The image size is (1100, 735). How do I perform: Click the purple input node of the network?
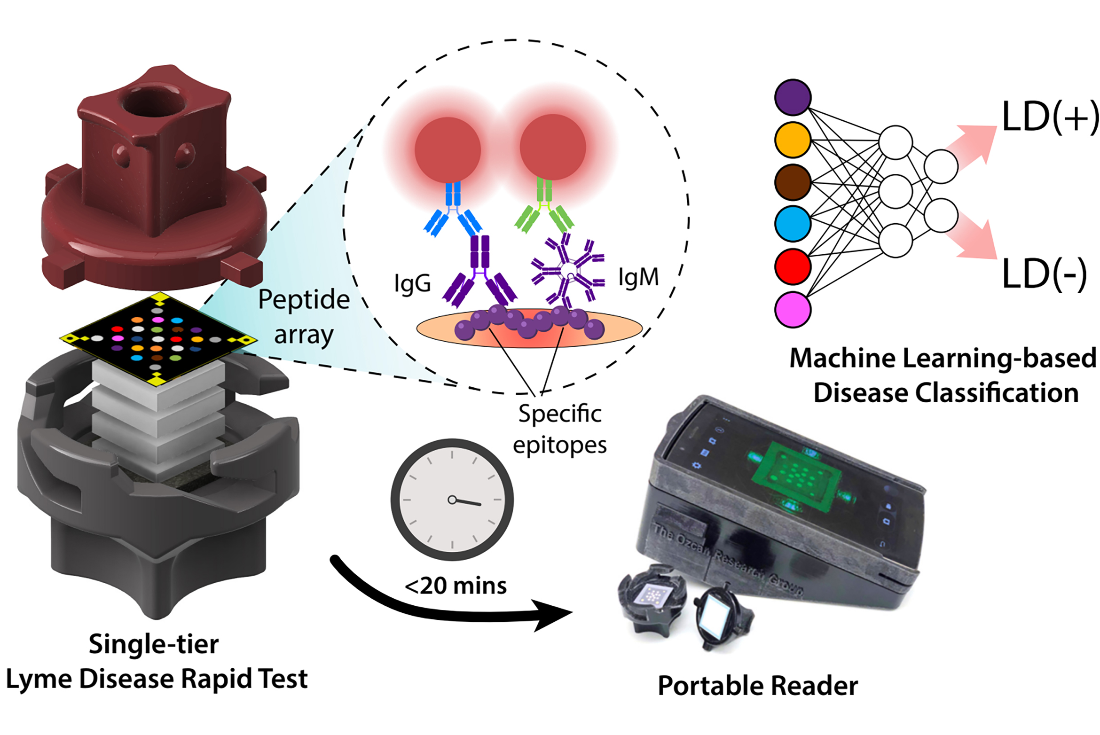coord(792,97)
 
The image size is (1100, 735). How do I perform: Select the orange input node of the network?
coord(792,140)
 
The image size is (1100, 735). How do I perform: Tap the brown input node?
coord(792,182)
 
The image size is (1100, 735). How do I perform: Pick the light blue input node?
coord(792,223)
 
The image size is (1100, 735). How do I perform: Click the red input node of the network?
coord(792,266)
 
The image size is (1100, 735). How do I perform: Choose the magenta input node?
coord(792,309)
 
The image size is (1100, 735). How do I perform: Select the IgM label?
coord(638,277)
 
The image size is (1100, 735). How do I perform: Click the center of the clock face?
coord(452,500)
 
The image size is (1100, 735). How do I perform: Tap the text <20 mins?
coord(456,586)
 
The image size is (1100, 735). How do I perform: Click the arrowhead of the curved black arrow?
coord(552,614)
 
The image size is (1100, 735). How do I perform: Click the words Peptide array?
coord(304,317)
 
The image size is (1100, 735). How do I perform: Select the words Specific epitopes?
coord(559,429)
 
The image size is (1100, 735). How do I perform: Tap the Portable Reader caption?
coord(757,685)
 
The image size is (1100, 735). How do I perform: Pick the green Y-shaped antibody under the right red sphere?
coord(544,209)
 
